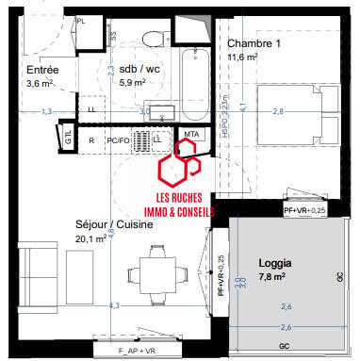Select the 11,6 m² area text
(x=244, y=57)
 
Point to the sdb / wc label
(x=132, y=70)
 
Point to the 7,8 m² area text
(x=273, y=277)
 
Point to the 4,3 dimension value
(x=114, y=306)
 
